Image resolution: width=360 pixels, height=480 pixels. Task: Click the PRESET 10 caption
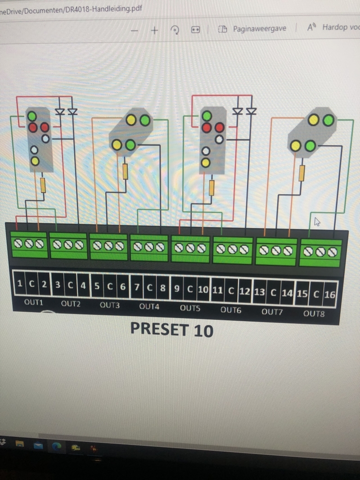[171, 330]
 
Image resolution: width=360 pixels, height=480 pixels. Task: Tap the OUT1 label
[33, 302]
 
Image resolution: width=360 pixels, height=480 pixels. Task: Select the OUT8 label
[314, 314]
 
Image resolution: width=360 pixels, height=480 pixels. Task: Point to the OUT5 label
[190, 308]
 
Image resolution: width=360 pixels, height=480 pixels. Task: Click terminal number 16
[330, 295]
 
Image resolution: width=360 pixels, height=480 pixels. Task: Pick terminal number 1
[20, 283]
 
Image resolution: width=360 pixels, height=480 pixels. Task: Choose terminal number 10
[203, 289]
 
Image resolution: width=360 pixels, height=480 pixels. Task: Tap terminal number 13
[259, 292]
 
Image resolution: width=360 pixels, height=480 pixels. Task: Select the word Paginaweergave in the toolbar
[259, 28]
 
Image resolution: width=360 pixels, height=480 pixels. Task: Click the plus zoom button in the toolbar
[154, 30]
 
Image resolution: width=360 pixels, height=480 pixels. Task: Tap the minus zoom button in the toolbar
[134, 30]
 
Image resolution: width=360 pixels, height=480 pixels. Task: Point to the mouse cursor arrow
[317, 221]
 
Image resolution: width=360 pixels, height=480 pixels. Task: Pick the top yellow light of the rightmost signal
[314, 120]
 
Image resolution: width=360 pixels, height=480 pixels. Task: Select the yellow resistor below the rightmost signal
[301, 173]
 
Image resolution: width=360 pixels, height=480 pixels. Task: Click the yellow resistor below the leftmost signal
[43, 185]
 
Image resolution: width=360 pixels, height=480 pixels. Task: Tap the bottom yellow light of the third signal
[206, 162]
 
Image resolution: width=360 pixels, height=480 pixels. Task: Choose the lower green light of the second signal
[130, 145]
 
